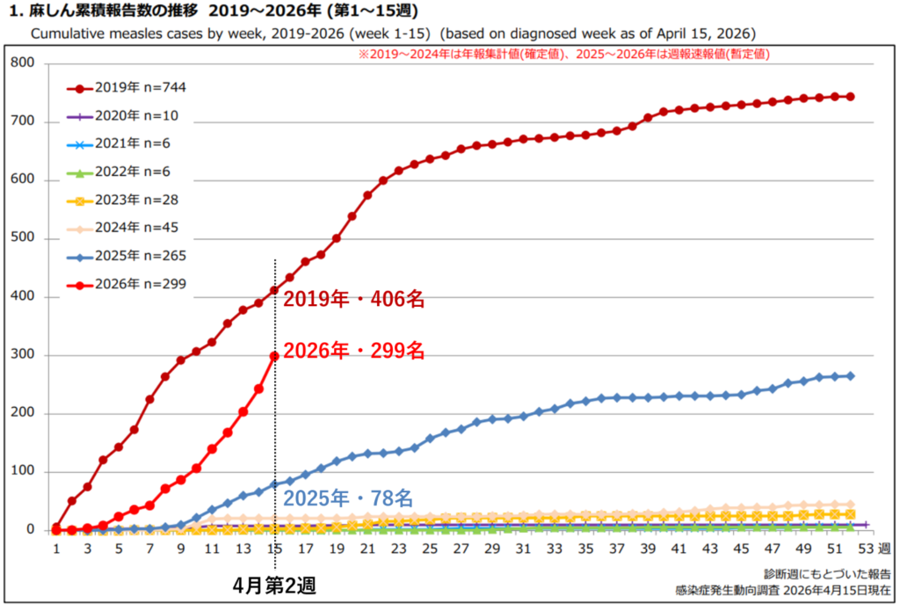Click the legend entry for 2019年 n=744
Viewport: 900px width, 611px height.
click(127, 88)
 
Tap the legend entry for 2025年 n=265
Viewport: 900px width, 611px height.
click(127, 256)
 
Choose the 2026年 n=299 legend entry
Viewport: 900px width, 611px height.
click(127, 284)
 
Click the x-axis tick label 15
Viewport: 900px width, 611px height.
click(275, 549)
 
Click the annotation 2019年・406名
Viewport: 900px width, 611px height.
click(353, 300)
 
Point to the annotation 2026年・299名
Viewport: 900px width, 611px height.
click(353, 352)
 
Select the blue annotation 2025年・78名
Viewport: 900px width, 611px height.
click(347, 498)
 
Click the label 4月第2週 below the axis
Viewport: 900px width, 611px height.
click(274, 586)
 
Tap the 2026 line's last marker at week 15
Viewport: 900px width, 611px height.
click(275, 356)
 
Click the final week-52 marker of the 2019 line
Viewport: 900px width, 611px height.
click(851, 97)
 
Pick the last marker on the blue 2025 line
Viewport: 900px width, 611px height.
click(851, 376)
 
